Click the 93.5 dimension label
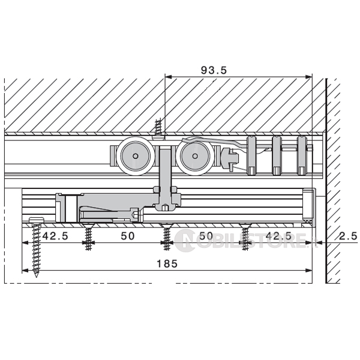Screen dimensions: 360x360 [214, 70]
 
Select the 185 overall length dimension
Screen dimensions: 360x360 [167, 264]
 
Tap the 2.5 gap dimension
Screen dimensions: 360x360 [348, 236]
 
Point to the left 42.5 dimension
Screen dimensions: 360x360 [55, 236]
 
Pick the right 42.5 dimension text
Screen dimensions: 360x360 [278, 236]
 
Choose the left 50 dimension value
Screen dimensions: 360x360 [128, 236]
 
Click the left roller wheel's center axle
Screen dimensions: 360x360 [136, 156]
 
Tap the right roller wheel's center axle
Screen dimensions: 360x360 [195, 156]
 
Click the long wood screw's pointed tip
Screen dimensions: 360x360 [36, 277]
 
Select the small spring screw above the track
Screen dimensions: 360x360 [158, 128]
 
